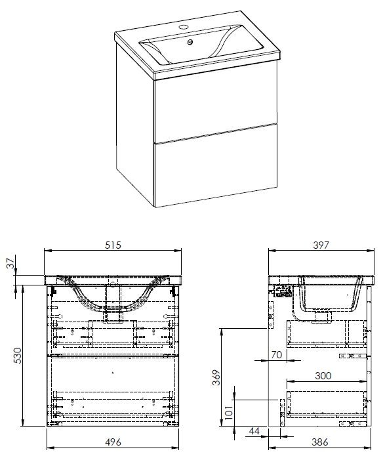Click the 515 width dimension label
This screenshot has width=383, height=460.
113,245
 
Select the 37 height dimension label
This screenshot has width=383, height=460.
11,263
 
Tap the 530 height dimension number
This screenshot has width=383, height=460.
18,356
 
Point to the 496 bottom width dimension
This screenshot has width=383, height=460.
113,442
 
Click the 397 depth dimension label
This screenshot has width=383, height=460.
321,245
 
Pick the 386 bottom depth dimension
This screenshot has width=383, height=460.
319,442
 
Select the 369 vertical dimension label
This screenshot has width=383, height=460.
216,378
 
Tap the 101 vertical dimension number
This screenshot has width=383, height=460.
229,412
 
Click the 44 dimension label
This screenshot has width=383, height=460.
254,431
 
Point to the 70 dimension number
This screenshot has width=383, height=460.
277,355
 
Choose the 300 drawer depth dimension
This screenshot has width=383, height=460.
323,375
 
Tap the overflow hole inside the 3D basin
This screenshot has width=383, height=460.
190,43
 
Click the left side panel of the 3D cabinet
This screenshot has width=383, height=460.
135,123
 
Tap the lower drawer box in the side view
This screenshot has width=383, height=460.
327,404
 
